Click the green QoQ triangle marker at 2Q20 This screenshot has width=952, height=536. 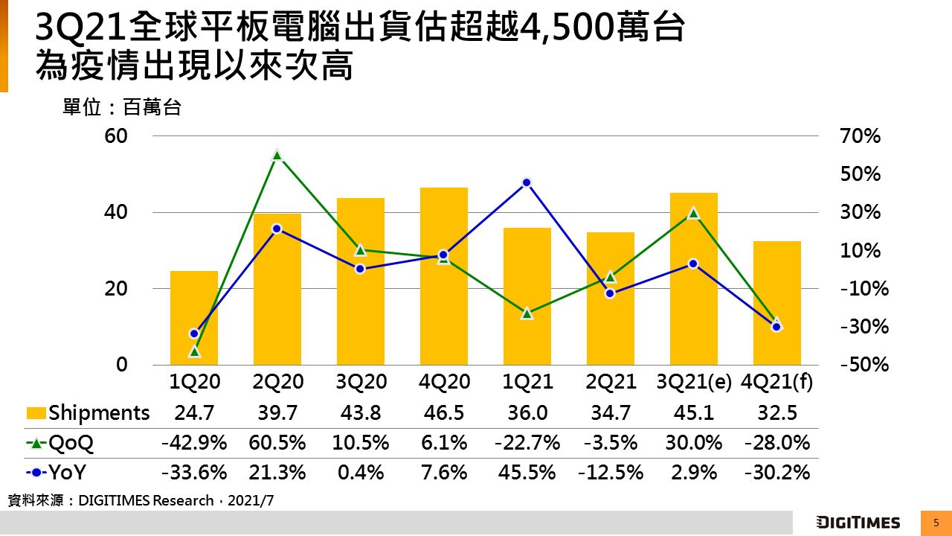pos(277,155)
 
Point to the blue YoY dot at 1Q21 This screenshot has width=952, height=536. pos(527,182)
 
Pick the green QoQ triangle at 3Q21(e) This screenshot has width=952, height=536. pos(693,213)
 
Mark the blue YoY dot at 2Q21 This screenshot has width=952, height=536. pos(610,293)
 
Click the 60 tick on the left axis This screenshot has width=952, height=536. pos(118,136)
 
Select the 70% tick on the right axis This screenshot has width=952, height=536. pos(861,136)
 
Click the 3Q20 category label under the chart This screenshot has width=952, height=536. pos(361,383)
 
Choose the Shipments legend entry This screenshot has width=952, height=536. pos(88,412)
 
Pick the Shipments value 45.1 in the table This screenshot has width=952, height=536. pos(694,412)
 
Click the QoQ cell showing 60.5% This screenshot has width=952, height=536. pos(277,443)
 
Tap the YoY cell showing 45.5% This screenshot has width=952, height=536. pos(527,473)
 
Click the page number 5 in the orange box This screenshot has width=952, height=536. pos(936,523)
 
